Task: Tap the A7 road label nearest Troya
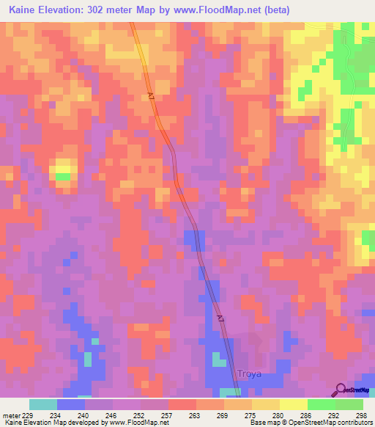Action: click(220, 318)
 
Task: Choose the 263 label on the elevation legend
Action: click(196, 415)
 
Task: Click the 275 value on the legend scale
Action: click(250, 415)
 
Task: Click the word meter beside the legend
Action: click(11, 415)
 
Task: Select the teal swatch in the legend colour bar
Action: click(43, 404)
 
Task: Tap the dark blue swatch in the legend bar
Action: click(71, 404)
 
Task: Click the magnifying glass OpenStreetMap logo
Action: click(341, 390)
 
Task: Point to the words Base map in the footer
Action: click(261, 423)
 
